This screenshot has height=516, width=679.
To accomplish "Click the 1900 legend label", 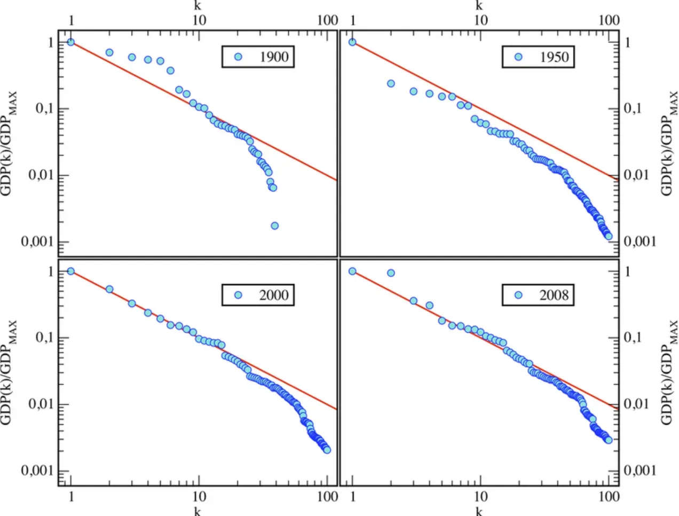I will (x=274, y=57).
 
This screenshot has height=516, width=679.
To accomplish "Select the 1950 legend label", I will (x=554, y=57).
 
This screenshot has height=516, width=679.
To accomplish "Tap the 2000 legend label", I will (x=274, y=295).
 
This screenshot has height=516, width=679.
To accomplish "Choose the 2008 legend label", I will (x=554, y=295).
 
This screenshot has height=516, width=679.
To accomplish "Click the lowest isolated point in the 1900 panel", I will (x=274, y=225).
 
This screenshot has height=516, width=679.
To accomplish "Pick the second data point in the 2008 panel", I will (x=391, y=273).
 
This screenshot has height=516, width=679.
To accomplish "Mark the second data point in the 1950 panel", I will (x=391, y=83).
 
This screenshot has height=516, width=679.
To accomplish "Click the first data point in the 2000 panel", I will (x=71, y=271).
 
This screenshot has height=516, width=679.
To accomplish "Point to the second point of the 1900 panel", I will (x=109, y=52).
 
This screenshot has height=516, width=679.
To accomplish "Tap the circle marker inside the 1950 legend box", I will (x=518, y=57).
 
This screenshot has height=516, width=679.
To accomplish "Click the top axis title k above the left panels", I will (x=198, y=6).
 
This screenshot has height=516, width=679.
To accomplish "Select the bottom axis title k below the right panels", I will (x=479, y=511).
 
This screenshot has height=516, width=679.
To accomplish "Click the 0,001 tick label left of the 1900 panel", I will (x=37, y=241).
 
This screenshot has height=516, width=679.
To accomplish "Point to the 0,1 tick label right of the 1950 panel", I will (x=635, y=108).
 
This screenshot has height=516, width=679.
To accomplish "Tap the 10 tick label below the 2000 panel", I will (x=198, y=497).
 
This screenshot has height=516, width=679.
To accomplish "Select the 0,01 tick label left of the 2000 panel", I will (x=41, y=404).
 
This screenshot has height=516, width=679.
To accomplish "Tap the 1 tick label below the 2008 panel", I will (x=352, y=497).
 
